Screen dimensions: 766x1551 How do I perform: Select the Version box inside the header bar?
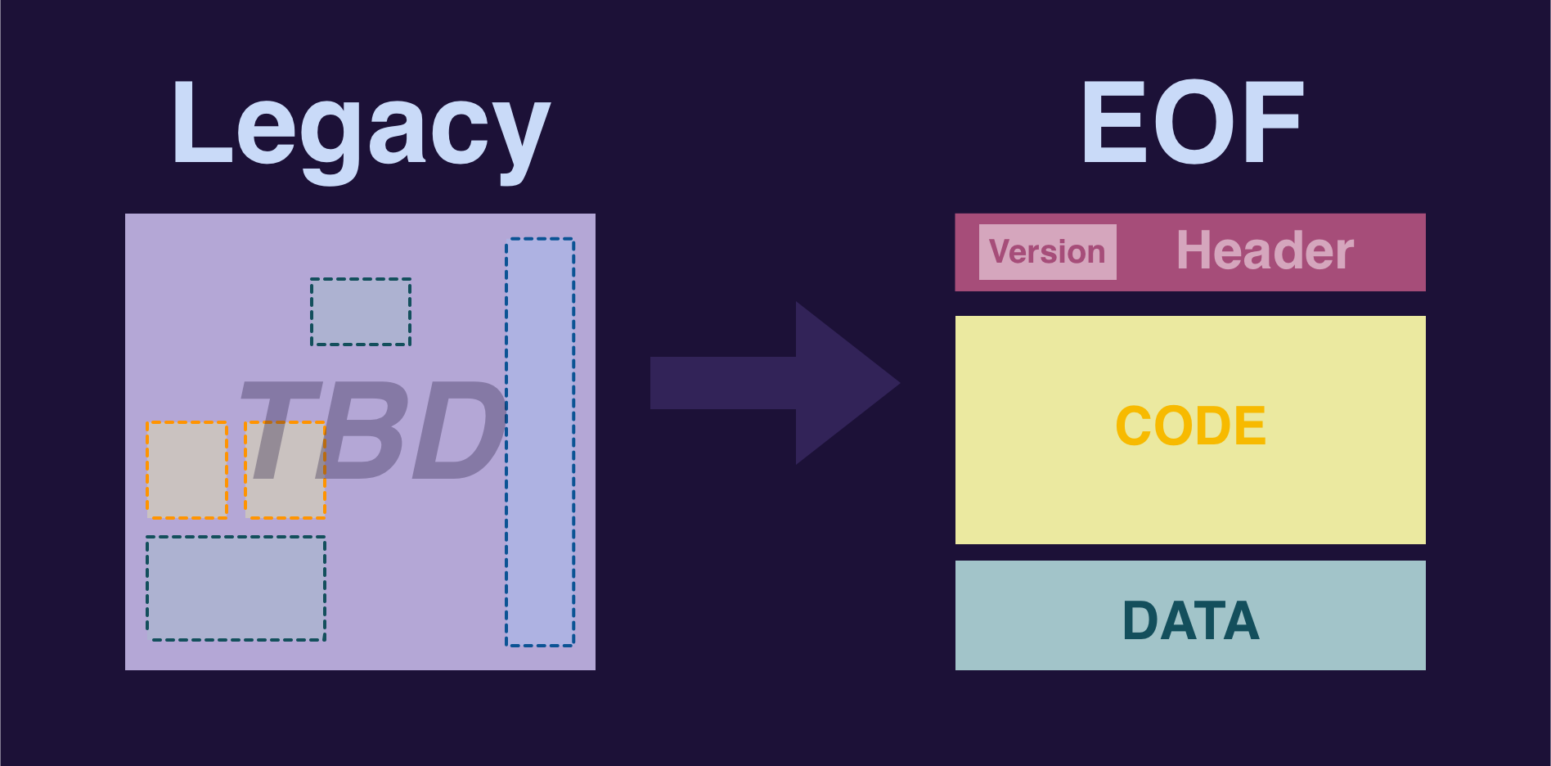click(1047, 252)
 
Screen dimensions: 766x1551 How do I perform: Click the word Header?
click(1265, 250)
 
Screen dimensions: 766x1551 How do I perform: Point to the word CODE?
click(1190, 426)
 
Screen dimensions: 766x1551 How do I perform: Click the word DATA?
click(1190, 620)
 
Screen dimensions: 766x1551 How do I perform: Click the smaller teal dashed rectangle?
click(361, 312)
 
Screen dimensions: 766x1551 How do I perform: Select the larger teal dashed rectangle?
click(236, 588)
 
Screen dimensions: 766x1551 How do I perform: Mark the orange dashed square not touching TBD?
click(187, 470)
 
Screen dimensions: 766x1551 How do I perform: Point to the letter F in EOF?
click(1271, 123)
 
